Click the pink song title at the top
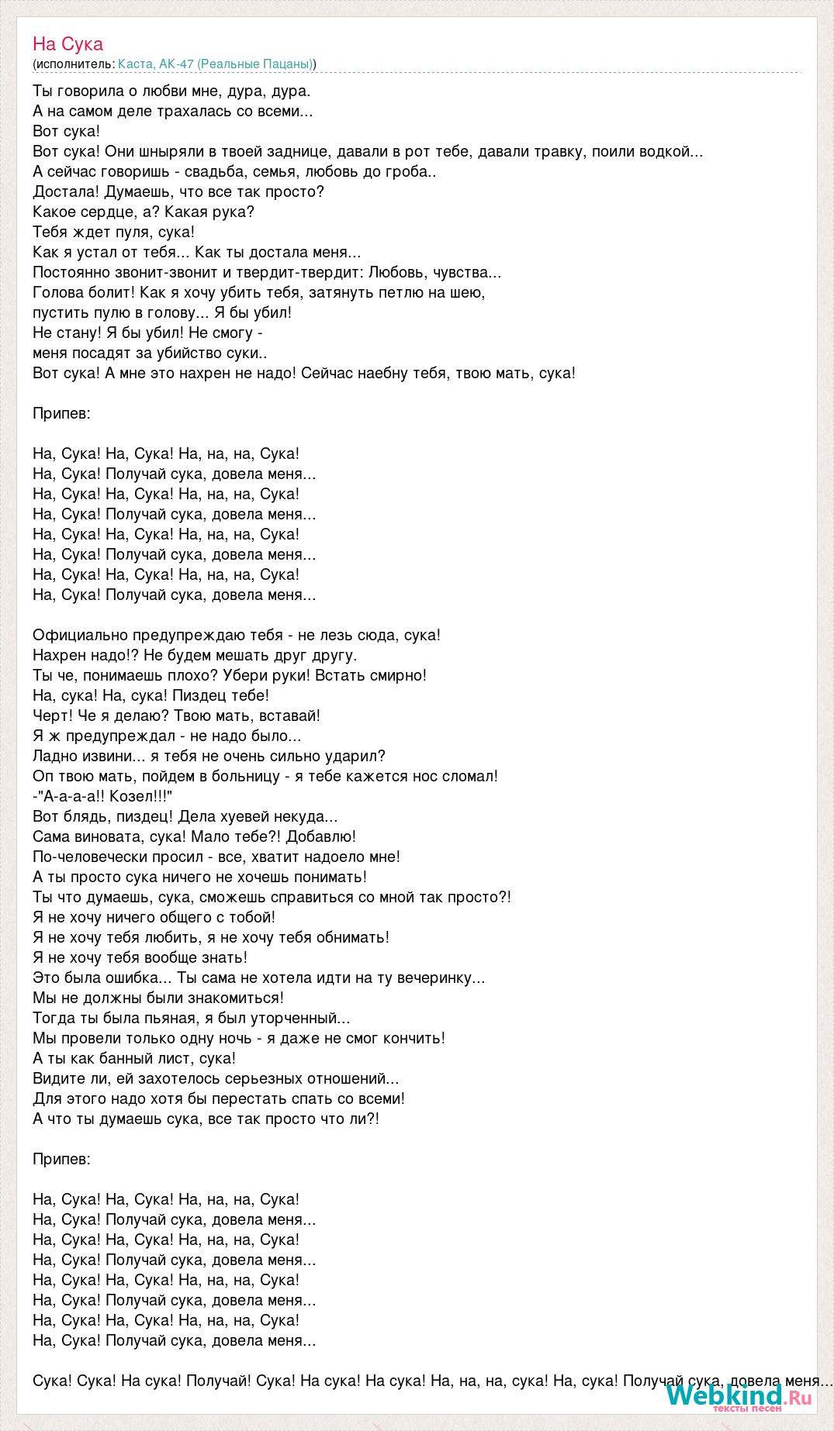click(x=67, y=44)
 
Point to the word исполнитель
click(x=74, y=64)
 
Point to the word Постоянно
click(x=71, y=273)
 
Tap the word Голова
click(x=57, y=293)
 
